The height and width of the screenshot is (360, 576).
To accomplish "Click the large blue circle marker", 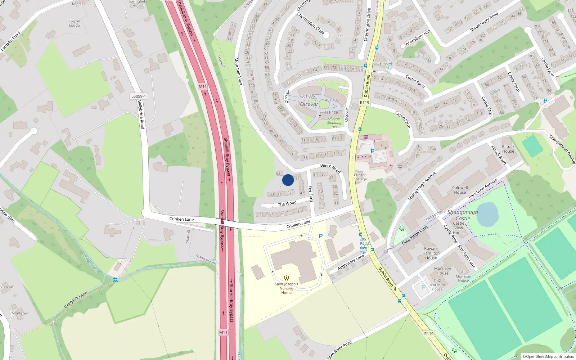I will tap(288, 180).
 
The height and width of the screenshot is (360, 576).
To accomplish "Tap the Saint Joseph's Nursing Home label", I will tap(286, 288).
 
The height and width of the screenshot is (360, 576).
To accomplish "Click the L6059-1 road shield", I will tap(139, 96).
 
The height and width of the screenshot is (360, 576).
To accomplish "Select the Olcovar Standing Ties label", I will tap(334, 122).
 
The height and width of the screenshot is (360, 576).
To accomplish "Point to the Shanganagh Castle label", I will tap(463, 215).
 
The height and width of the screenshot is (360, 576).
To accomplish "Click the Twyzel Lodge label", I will tap(75, 23).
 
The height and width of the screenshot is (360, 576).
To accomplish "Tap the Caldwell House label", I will tap(460, 190).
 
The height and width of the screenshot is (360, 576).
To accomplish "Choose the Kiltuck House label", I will tap(508, 149).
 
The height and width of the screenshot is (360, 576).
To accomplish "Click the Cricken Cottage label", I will tap(360, 177).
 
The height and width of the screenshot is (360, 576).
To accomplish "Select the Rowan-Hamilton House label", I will tap(431, 253).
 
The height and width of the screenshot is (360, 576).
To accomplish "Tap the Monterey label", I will tap(19, 313).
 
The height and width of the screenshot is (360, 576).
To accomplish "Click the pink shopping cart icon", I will tap(366, 137).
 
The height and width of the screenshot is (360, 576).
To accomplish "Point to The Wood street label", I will tap(287, 204).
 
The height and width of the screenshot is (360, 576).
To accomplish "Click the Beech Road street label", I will tap(330, 168).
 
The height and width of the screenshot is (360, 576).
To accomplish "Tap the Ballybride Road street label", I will tap(141, 114).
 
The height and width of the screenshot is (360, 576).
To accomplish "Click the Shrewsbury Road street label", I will tap(484, 22).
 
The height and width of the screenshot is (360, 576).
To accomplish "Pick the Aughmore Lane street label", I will tap(351, 262).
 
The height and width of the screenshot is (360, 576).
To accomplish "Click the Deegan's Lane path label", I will tap(76, 300).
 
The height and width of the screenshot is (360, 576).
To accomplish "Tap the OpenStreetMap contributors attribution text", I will tap(548, 356).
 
